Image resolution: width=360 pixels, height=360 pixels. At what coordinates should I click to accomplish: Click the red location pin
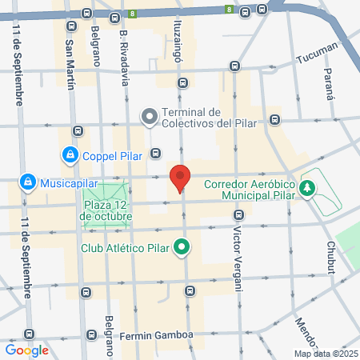coord(180,178)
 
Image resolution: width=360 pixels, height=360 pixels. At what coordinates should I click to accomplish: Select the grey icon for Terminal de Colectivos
coord(149,117)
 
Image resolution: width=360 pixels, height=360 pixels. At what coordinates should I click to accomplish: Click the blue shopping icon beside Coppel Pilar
coord(70,154)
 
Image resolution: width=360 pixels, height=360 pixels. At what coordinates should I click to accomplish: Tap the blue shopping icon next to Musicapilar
coord(29,183)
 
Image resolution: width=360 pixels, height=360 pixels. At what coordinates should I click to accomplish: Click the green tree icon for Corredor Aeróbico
coord(306,188)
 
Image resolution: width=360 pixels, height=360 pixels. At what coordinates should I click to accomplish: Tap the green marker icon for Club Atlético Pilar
coord(182,247)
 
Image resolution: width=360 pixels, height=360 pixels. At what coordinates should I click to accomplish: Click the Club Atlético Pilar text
coord(127,247)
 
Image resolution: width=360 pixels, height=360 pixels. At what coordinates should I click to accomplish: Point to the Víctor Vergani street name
coord(238,251)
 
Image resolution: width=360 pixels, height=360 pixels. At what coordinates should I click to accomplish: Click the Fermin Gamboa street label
coord(156,334)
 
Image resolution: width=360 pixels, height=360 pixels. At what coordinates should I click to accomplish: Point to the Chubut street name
coord(330,257)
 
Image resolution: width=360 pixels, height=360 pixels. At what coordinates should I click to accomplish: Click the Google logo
coord(26,350)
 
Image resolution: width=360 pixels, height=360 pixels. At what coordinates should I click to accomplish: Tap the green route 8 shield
coord(132,14)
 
